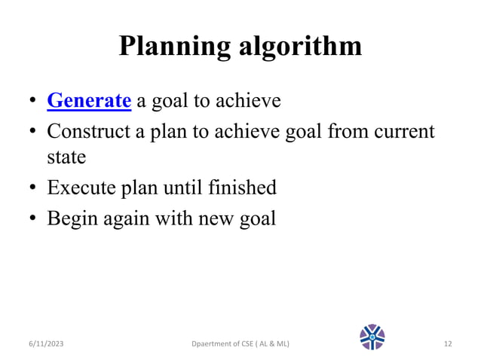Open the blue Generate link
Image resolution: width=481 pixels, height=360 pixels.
(89, 100)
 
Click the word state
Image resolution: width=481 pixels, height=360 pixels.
(66, 158)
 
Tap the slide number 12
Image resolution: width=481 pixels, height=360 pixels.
(448, 344)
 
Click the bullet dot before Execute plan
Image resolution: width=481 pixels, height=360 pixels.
(33, 188)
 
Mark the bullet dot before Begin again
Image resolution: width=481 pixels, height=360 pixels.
(33, 219)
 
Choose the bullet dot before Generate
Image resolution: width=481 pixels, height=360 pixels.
(33, 101)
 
